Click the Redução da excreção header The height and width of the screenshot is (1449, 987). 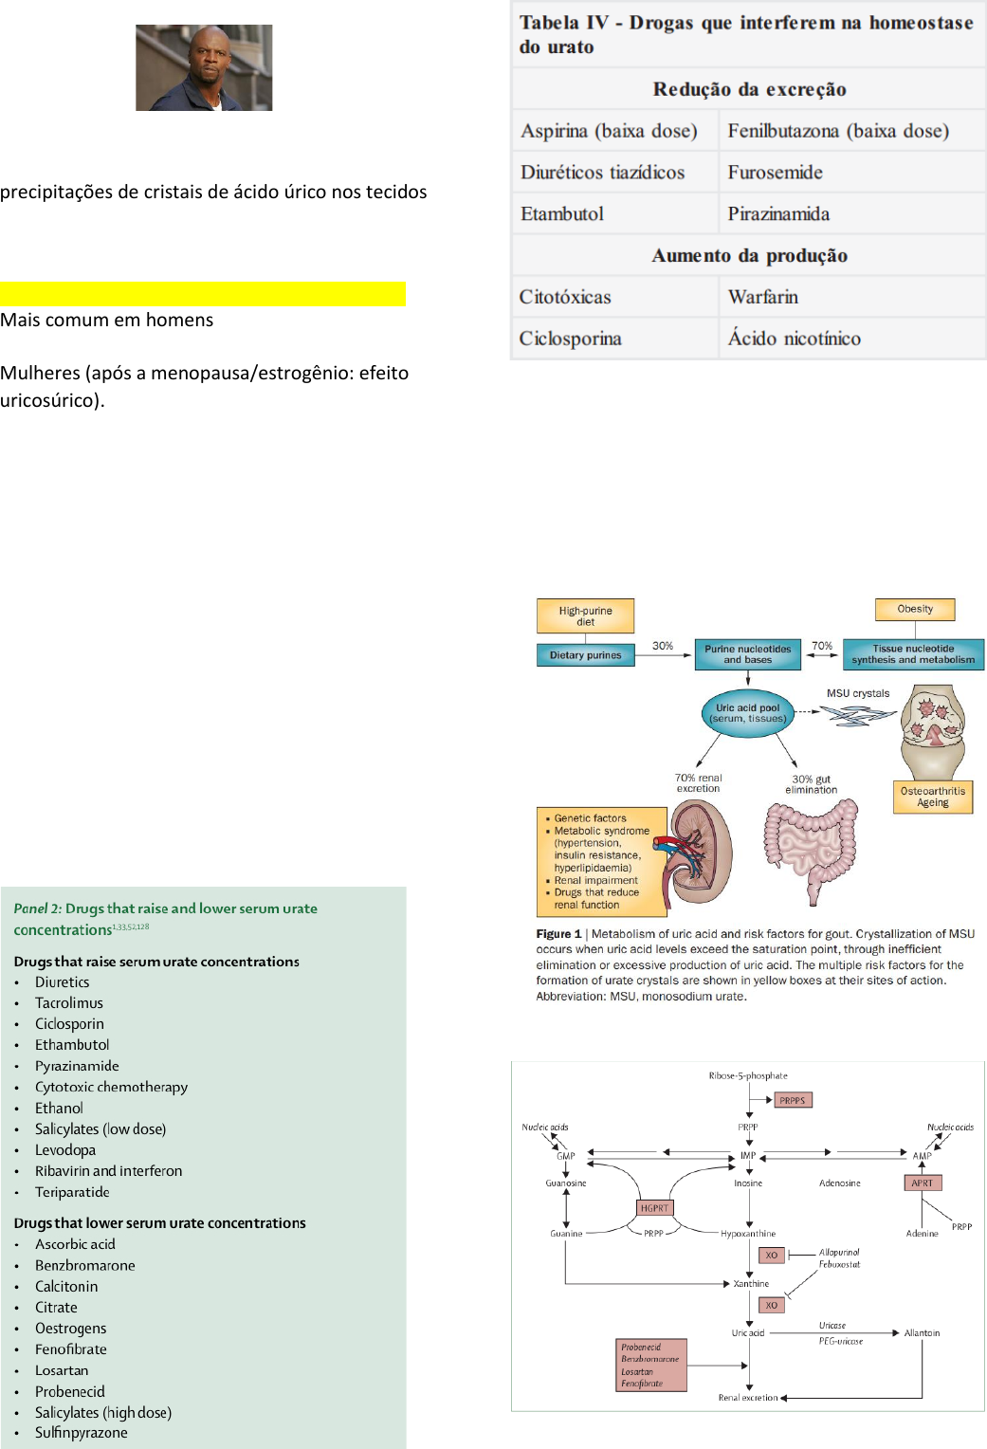[749, 89]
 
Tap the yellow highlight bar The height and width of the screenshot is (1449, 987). [203, 294]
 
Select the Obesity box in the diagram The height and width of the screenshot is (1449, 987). [915, 609]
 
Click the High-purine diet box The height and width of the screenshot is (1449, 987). [585, 616]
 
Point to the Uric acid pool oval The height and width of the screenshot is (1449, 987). [748, 713]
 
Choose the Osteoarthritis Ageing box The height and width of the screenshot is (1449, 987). [932, 797]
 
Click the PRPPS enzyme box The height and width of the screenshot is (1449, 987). [792, 1101]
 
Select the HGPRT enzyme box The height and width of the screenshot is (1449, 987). [654, 1208]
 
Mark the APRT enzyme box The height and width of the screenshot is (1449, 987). [922, 1183]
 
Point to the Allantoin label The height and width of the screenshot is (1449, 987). [922, 1333]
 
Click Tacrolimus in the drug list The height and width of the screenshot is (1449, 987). [69, 1003]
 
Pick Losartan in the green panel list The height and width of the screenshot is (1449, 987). [62, 1371]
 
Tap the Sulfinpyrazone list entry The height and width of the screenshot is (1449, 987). [82, 1433]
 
